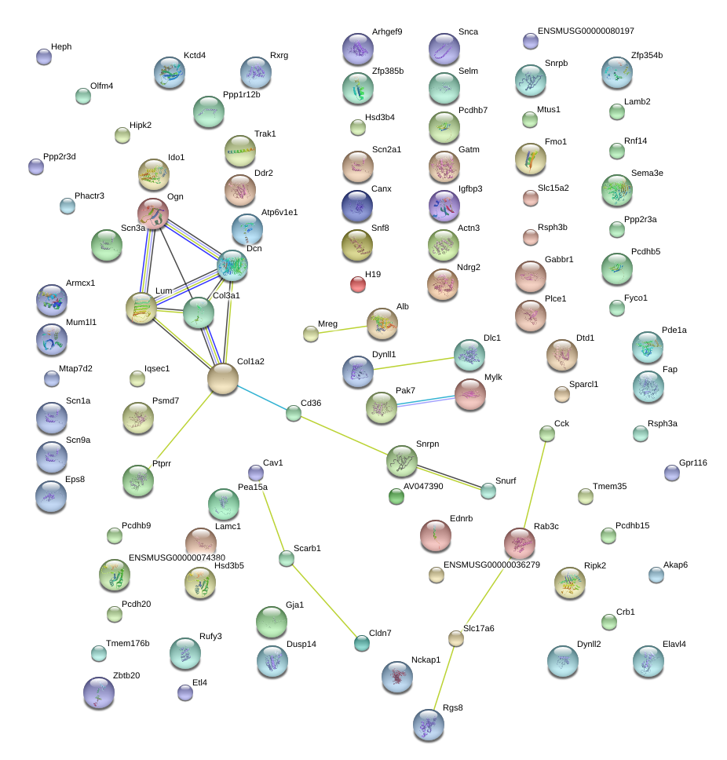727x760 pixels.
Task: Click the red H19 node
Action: [x=358, y=284]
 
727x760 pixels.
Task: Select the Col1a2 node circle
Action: [x=223, y=378]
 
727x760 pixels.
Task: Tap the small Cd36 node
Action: [x=294, y=413]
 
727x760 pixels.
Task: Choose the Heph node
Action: [x=44, y=57]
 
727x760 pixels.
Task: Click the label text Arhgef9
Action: [x=387, y=32]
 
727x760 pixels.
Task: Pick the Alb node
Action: [x=382, y=323]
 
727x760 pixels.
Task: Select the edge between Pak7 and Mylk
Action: [x=426, y=400]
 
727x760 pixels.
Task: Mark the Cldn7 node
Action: [x=361, y=644]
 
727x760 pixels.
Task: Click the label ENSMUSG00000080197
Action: [x=586, y=31]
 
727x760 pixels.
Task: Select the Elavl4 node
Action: [x=648, y=662]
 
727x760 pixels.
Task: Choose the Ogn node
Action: [x=153, y=214]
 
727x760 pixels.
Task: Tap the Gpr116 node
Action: [x=672, y=473]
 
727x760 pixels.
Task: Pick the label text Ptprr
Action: [x=162, y=464]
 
